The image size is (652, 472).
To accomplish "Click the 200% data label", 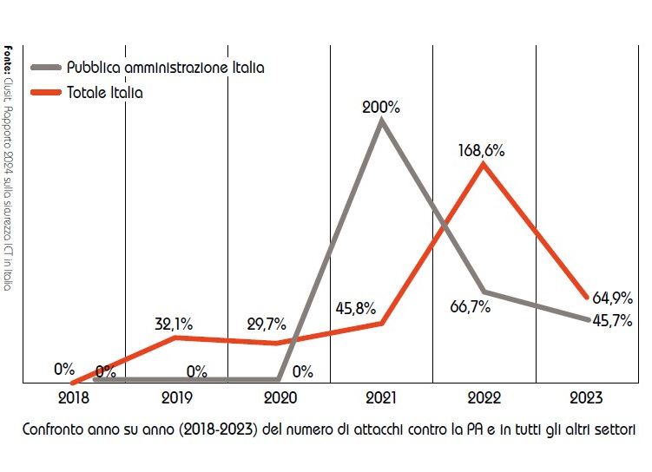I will coord(382,108).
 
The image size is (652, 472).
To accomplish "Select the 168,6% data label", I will coord(482,150).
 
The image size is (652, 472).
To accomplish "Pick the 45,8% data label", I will coord(355,307).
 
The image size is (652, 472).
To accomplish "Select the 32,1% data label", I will coord(174,324).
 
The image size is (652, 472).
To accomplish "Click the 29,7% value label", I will coord(276,324).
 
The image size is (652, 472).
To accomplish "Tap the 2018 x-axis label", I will coord(73,401).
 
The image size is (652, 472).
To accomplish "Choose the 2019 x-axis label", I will coord(176,401).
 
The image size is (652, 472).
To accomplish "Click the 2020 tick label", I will coord(280,401).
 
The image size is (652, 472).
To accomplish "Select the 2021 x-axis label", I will coord(382,401).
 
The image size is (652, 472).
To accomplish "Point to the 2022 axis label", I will coord(484,401).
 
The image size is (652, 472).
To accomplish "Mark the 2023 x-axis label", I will coord(587,401).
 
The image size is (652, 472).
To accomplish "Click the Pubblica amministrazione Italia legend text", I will coord(165,67).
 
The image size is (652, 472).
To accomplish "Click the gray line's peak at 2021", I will coord(381,121).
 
